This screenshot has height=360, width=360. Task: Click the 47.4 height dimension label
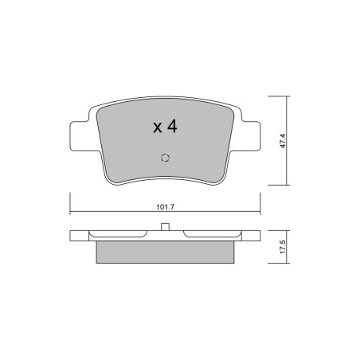coord(283,141)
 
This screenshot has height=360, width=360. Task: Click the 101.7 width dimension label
coord(165,207)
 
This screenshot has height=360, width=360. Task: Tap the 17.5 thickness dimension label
coord(283,247)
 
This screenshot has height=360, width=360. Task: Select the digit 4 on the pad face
coord(172,126)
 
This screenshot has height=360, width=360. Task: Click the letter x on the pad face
coord(158,128)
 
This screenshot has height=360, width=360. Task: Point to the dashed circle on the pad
coord(165,158)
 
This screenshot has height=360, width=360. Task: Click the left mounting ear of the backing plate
coord(80,136)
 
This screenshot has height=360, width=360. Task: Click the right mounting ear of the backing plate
coord(251,136)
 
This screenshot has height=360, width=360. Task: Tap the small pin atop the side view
coord(165,227)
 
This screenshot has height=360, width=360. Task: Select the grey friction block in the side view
coord(165,252)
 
